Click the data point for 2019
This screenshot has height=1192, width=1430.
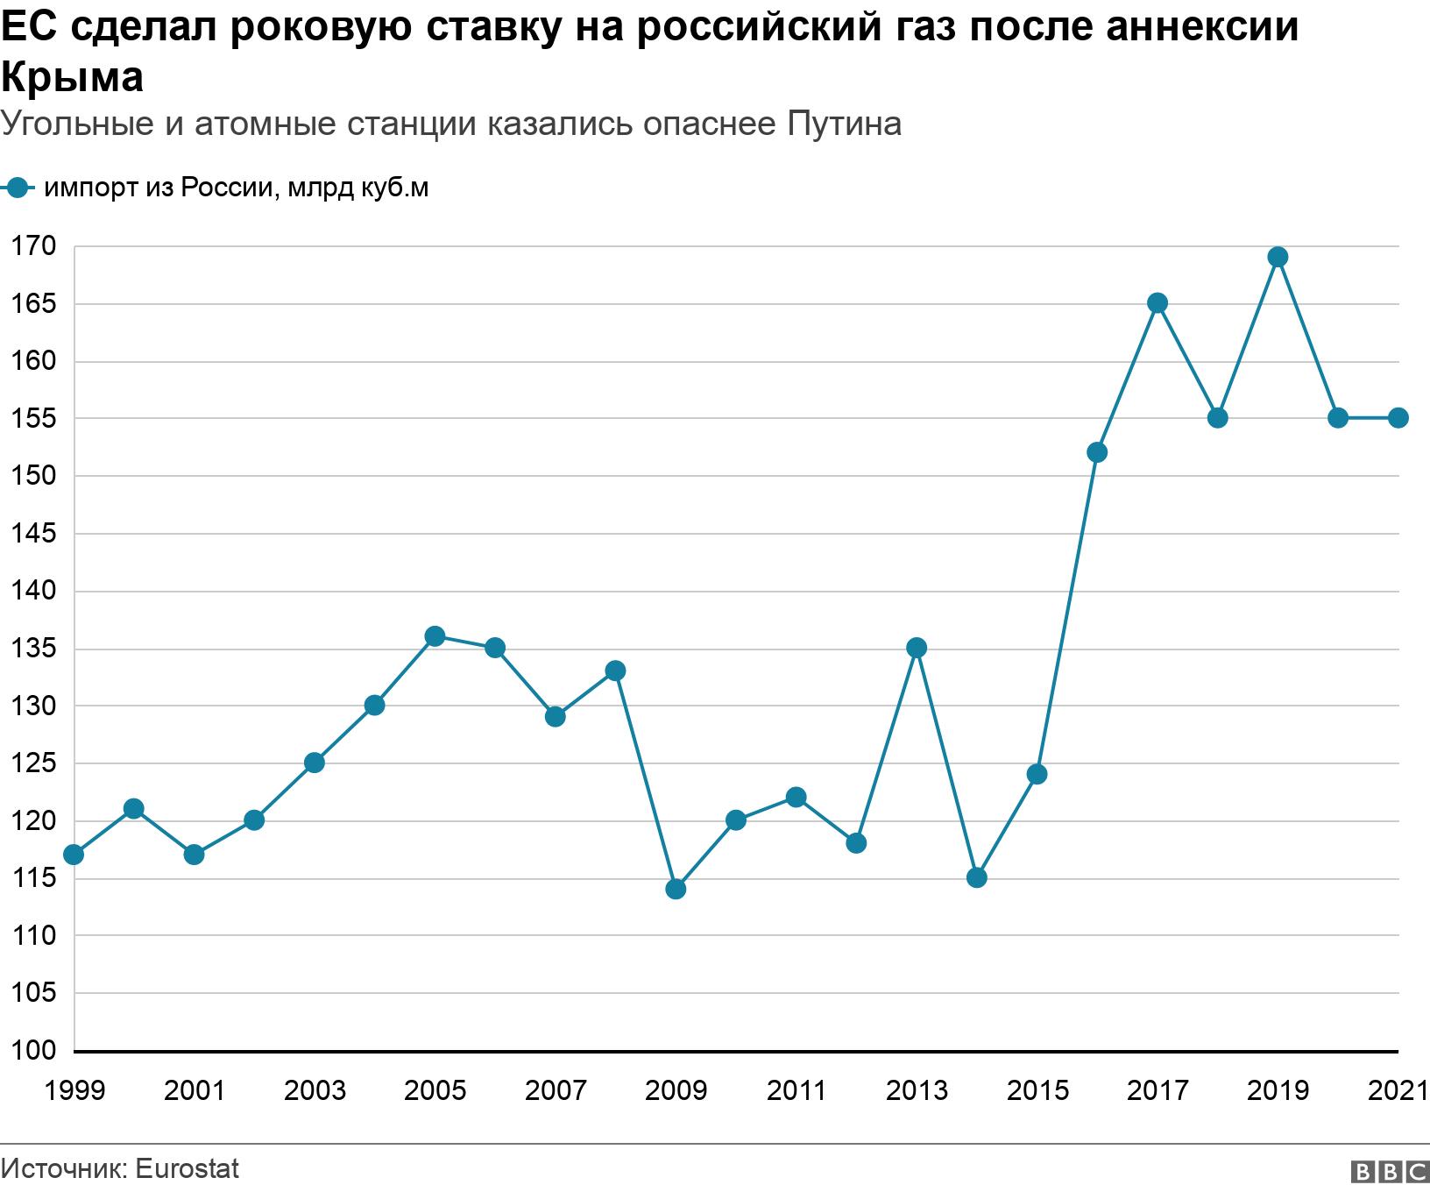pos(1278,257)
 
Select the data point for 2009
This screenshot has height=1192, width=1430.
pos(676,889)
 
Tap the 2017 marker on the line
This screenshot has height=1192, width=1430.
pos(1157,303)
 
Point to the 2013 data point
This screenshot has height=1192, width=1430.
pos(917,648)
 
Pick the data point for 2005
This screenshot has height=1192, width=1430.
pos(435,635)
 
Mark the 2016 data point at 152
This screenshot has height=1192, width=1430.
pos(1097,452)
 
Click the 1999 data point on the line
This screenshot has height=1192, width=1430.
pos(74,855)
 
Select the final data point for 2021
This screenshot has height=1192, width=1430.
pos(1398,418)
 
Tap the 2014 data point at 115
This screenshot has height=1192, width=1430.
pos(977,877)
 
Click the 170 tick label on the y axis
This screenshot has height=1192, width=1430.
pos(32,246)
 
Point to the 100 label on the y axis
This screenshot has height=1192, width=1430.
pos(32,1050)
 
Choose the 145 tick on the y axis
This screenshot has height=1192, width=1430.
pos(32,533)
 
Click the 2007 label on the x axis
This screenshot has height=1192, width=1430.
pos(556,1090)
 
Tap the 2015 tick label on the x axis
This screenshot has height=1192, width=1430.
pos(1037,1090)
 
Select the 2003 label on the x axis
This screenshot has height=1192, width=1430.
pos(315,1090)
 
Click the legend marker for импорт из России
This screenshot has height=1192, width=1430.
pos(17,188)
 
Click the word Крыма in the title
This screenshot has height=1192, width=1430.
pos(72,77)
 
